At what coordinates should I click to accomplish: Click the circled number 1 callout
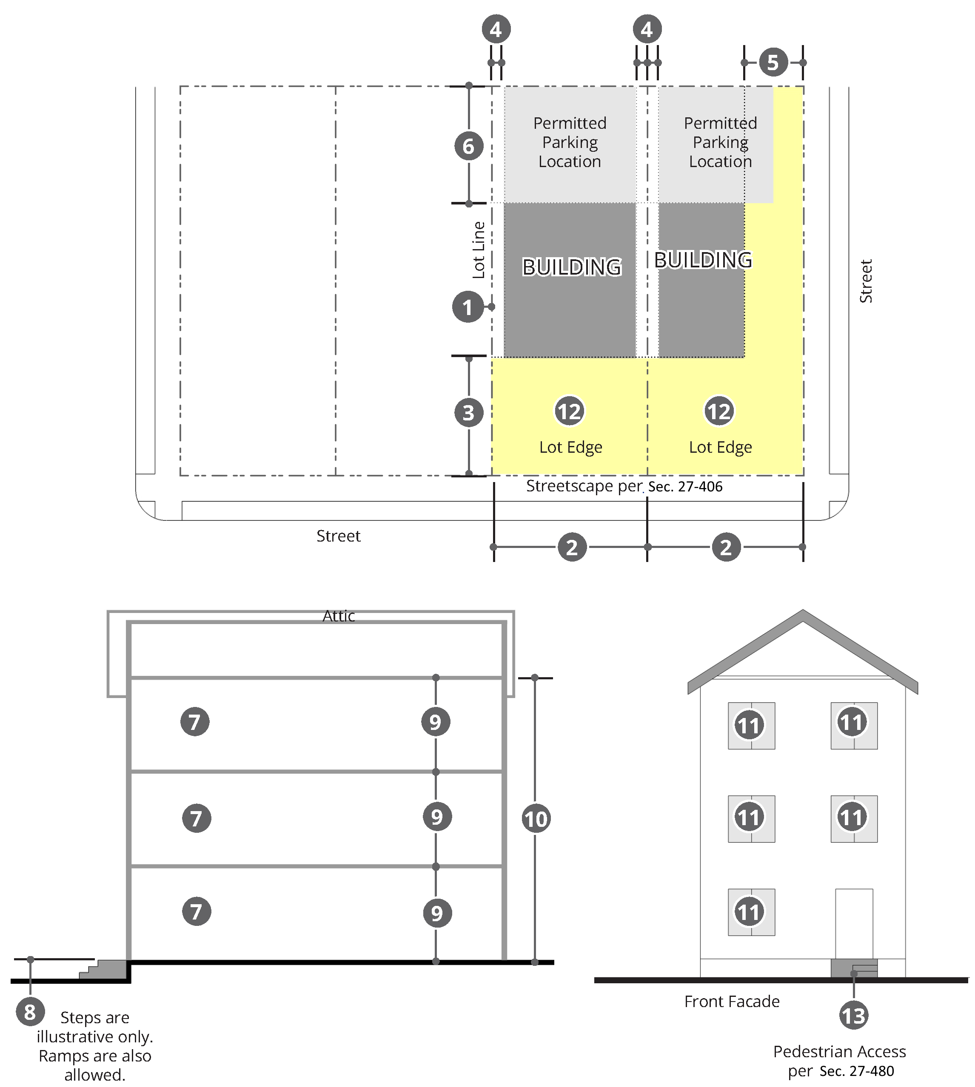tap(468, 307)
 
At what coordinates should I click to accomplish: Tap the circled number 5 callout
tap(773, 62)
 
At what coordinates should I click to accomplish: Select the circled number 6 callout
tap(469, 146)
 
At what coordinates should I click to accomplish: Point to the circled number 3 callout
tap(469, 413)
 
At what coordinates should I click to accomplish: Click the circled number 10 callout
tap(536, 819)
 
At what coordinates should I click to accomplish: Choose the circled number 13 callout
tap(854, 1015)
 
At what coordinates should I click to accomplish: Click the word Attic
tap(339, 616)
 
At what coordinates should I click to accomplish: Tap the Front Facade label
tap(732, 1001)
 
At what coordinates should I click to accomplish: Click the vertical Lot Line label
tap(479, 250)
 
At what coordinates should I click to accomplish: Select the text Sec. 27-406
tap(685, 486)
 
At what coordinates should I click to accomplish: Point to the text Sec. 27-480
tap(857, 1071)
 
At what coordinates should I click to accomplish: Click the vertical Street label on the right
tap(866, 281)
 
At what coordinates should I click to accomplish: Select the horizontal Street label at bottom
tap(339, 536)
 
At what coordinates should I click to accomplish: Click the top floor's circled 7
tap(195, 721)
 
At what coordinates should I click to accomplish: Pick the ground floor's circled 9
tap(437, 913)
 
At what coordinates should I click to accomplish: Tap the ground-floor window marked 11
tap(751, 912)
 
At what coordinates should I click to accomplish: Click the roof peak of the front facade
tap(802, 610)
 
